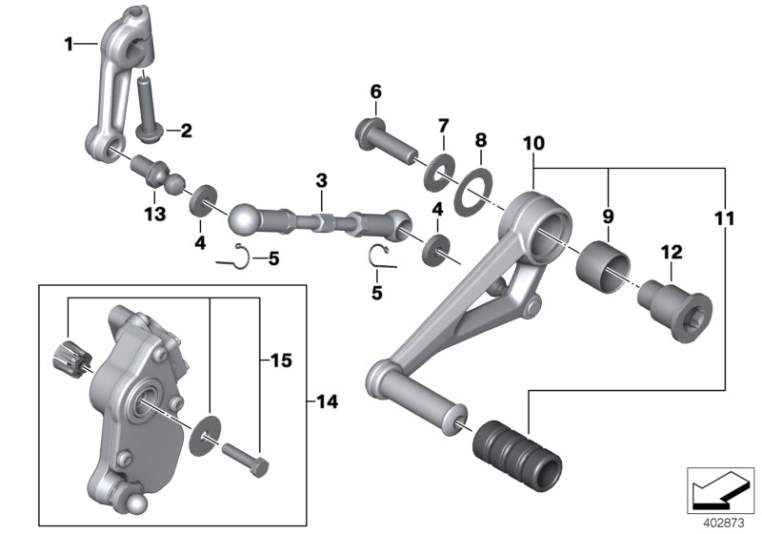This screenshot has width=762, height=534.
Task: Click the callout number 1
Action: point(68,44)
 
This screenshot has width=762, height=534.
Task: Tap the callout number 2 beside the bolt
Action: point(186,130)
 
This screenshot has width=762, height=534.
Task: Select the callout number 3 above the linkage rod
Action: point(322,180)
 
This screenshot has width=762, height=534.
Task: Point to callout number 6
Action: point(375,92)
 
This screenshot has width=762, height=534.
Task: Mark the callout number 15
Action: point(281,361)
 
